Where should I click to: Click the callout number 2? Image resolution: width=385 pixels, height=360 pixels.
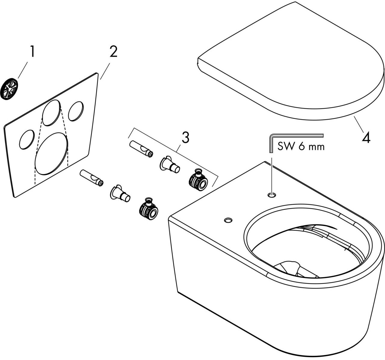point(113,52)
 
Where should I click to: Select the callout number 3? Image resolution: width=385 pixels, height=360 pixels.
point(186,138)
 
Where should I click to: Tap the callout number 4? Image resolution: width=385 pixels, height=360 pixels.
point(366,138)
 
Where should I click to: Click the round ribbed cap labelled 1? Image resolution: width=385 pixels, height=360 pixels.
point(9,89)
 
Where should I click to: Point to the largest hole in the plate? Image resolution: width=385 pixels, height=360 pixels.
point(51,154)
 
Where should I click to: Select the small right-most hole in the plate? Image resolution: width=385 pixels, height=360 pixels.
point(76,111)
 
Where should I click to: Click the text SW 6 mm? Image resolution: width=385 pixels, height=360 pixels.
point(301,147)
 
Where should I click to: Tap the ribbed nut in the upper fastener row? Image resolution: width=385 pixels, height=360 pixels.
point(198,181)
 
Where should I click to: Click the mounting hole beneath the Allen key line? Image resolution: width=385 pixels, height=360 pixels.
point(272,195)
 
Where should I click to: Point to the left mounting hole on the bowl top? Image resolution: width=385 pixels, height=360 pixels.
point(228,221)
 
